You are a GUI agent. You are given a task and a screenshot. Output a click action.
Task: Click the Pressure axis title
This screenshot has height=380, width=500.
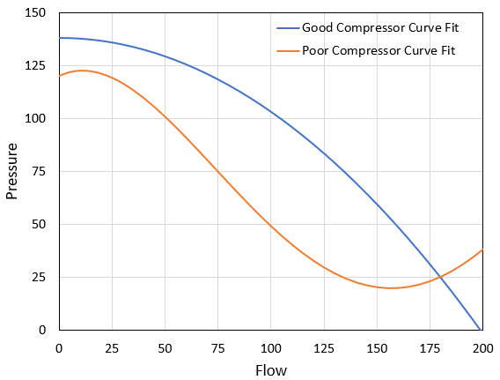(12, 170)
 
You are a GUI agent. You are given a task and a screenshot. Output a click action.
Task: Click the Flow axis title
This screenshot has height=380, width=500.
(271, 370)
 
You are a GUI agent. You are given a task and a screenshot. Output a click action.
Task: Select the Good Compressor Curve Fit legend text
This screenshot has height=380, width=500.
(380, 28)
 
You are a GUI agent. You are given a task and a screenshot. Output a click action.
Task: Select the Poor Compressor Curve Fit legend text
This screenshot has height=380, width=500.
(379, 49)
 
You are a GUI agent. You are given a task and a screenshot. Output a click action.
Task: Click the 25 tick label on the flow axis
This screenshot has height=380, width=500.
(112, 347)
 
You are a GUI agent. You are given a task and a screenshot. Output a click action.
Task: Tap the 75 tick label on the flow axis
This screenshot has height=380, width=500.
(217, 347)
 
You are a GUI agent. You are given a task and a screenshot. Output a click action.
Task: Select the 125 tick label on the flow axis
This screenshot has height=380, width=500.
(324, 347)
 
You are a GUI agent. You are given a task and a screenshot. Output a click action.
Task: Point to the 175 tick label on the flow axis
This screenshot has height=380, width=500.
(430, 347)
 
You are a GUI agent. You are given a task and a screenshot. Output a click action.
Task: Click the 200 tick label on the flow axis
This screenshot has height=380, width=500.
(482, 347)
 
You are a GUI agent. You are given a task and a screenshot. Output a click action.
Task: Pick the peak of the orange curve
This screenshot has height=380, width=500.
(82, 71)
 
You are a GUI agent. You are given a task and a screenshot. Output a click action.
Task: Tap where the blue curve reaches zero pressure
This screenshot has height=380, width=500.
(478, 330)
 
